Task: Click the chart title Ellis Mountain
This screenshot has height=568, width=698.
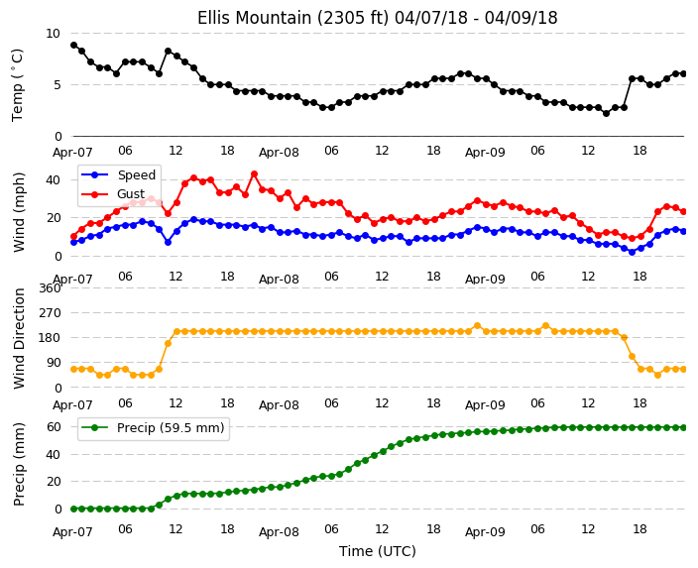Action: pyautogui.click(x=377, y=18)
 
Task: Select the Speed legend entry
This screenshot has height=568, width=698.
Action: pyautogui.click(x=118, y=174)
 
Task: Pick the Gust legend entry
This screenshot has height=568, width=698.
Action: pyautogui.click(x=113, y=194)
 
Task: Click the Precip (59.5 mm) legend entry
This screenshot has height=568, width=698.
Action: pyautogui.click(x=153, y=428)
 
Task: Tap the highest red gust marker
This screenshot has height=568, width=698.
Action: pyautogui.click(x=254, y=174)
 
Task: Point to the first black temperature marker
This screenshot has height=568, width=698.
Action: pyautogui.click(x=74, y=45)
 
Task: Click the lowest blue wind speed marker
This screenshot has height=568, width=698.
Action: pyautogui.click(x=632, y=252)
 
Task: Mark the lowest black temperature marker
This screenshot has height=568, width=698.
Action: pyautogui.click(x=606, y=114)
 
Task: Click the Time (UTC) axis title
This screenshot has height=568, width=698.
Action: pyautogui.click(x=378, y=551)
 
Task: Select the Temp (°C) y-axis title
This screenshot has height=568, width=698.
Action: pyautogui.click(x=17, y=84)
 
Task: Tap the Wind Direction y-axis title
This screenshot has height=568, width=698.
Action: pyautogui.click(x=19, y=338)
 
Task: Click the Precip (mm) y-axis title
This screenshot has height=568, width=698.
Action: pyautogui.click(x=19, y=464)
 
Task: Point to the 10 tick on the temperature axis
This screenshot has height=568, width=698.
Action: pyautogui.click(x=53, y=34)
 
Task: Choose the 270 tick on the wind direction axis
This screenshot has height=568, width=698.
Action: pyautogui.click(x=50, y=313)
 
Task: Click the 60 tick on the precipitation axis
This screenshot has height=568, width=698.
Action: pyautogui.click(x=54, y=427)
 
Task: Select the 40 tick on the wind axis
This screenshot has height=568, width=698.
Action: pyautogui.click(x=53, y=180)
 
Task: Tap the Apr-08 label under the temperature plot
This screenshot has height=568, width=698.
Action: pyautogui.click(x=279, y=153)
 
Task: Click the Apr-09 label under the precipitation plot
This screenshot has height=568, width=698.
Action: pyautogui.click(x=485, y=531)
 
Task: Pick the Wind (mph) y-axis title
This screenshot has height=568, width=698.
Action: pyautogui.click(x=19, y=212)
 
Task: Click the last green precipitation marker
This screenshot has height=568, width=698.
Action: pyautogui.click(x=683, y=428)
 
